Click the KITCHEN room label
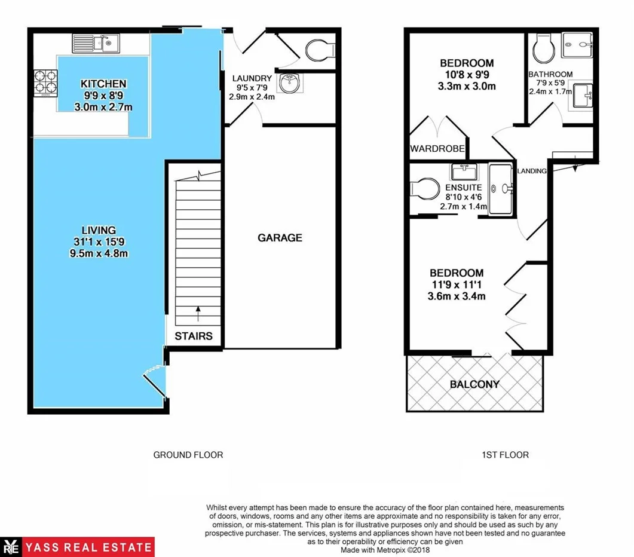pyautogui.click(x=103, y=84)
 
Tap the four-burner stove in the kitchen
pyautogui.click(x=45, y=82)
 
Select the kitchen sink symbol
pyautogui.click(x=96, y=42)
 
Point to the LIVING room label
pyautogui.click(x=99, y=230)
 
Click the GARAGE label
pyautogui.click(x=280, y=238)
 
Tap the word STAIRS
pyautogui.click(x=194, y=336)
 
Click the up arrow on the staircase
pyautogui.click(x=198, y=312)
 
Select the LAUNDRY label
pyautogui.click(x=252, y=78)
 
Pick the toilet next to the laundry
pyautogui.click(x=318, y=50)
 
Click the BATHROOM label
pyautogui.click(x=550, y=74)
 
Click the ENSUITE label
pyautogui.click(x=463, y=187)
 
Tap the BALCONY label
pyautogui.click(x=475, y=384)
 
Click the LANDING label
pyautogui.click(x=532, y=171)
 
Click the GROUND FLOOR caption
pyautogui.click(x=188, y=455)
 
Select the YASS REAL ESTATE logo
pyautogui.click(x=78, y=547)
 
